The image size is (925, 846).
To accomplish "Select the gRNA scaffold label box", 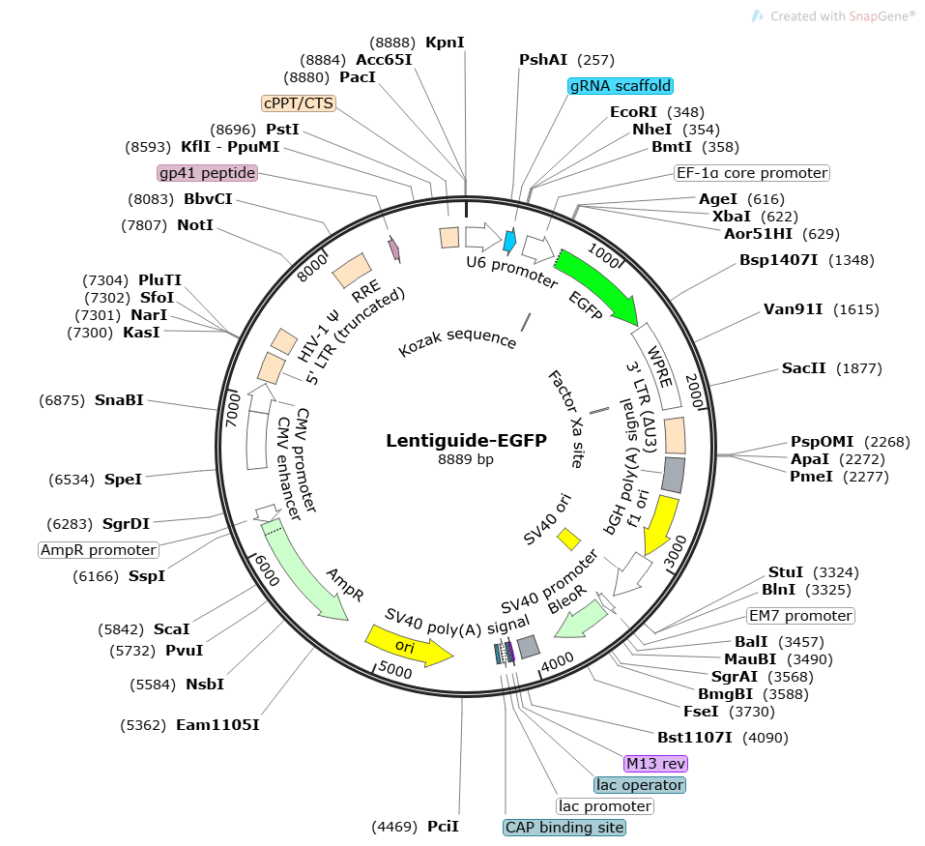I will [x=621, y=85].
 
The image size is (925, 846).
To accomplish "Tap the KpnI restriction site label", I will [x=445, y=43].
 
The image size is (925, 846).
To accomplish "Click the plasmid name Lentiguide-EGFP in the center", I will [x=466, y=441].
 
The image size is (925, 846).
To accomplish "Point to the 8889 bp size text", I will [x=466, y=459].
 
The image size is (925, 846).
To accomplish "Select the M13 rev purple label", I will [x=655, y=763].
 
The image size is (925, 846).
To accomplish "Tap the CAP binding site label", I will [x=564, y=828].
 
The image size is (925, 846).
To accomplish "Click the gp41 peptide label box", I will [x=207, y=173].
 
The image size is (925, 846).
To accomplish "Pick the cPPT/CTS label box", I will [x=298, y=102].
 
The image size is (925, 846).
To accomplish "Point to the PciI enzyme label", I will [x=443, y=827].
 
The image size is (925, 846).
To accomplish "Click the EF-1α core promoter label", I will [x=751, y=173].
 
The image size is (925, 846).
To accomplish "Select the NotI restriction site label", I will [x=195, y=225].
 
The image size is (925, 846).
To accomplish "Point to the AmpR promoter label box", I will [x=99, y=550].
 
